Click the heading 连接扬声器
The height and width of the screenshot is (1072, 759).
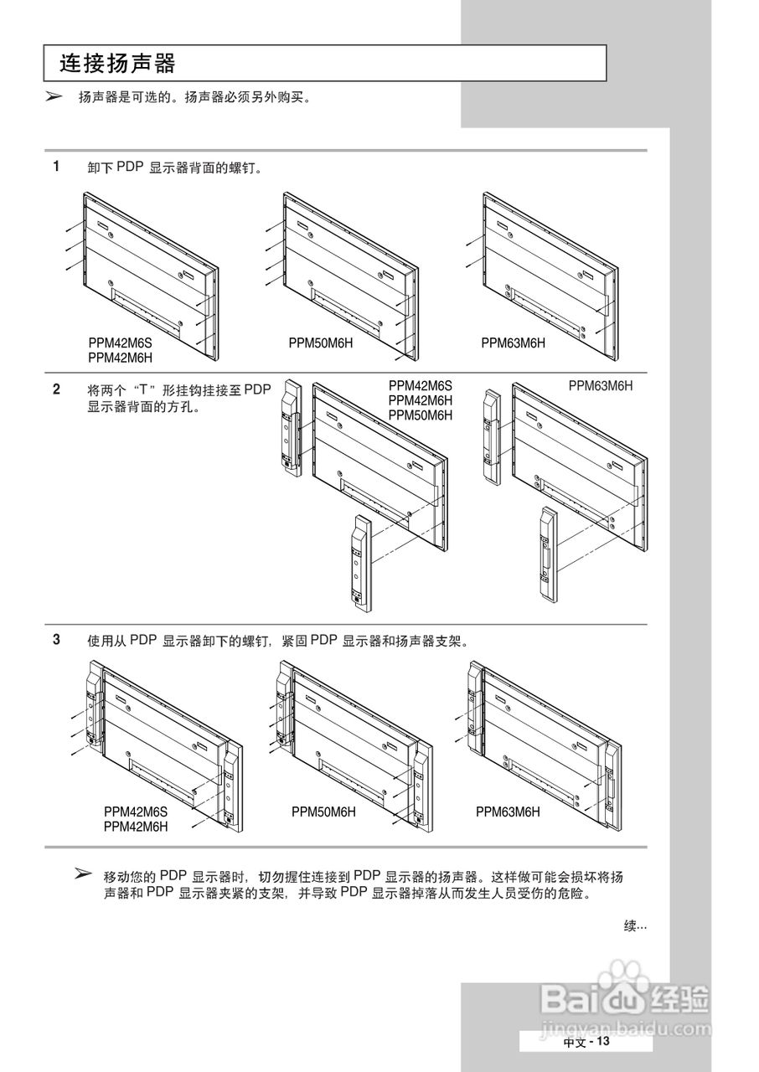tap(117, 64)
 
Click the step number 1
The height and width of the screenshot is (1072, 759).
tap(56, 166)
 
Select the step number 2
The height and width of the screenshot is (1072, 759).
tap(56, 389)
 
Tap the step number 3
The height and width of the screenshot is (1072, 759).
tap(56, 639)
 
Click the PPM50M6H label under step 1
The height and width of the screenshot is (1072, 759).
tap(321, 343)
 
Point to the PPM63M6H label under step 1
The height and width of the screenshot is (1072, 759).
tap(513, 343)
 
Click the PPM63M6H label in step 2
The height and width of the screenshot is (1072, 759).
tap(601, 385)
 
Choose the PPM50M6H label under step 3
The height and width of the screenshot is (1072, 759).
tap(323, 812)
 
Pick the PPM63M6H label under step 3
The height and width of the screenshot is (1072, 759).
tap(508, 812)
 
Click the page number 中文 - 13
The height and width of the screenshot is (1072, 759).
tap(586, 1042)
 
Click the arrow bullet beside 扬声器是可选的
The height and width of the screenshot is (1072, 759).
tap(54, 97)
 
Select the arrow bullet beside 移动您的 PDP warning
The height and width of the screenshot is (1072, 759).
tap(82, 874)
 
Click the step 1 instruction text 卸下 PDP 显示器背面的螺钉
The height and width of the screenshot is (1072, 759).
tap(175, 167)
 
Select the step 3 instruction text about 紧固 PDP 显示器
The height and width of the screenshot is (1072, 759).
tap(276, 640)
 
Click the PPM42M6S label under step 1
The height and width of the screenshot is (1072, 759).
tap(121, 343)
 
